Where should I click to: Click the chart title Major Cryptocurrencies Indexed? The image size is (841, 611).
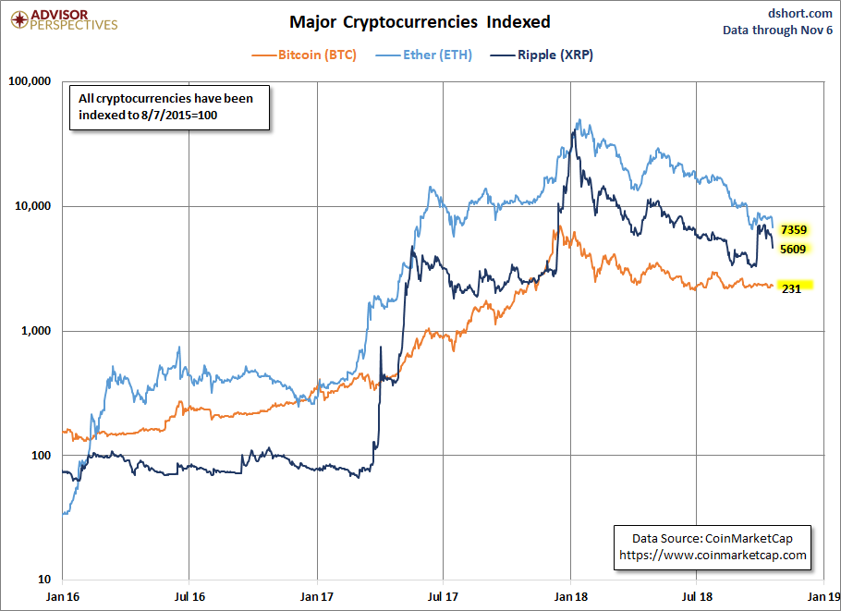point(420,21)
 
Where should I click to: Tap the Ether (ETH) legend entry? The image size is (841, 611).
point(437,55)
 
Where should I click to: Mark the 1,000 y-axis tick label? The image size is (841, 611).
point(35,331)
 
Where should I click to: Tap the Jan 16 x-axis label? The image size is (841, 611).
point(63,597)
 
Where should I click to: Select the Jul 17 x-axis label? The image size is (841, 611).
point(444,597)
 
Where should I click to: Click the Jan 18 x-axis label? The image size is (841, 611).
point(571,597)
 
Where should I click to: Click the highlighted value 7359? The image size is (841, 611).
point(794,229)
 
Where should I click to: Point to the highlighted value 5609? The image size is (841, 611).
point(794,249)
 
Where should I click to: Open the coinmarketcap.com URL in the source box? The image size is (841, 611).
point(712,555)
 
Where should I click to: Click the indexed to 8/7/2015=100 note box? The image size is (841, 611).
point(168,107)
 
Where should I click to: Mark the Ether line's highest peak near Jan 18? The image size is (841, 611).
point(579,119)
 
